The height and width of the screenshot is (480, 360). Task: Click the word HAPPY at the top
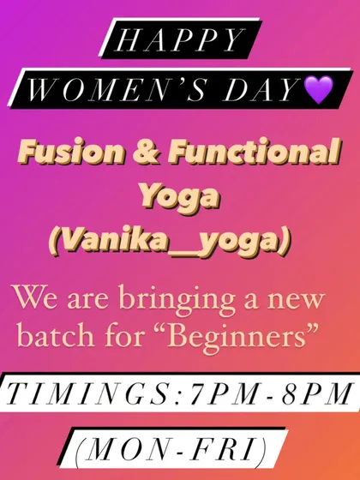point(180,40)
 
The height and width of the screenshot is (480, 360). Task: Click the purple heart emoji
point(319,89)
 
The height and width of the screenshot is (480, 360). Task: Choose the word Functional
point(255,152)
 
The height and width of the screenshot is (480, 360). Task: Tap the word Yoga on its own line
point(180,198)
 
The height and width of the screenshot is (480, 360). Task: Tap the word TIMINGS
point(90,393)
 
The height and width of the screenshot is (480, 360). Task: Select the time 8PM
point(316,393)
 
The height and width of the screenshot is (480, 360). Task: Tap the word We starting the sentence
point(36,297)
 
